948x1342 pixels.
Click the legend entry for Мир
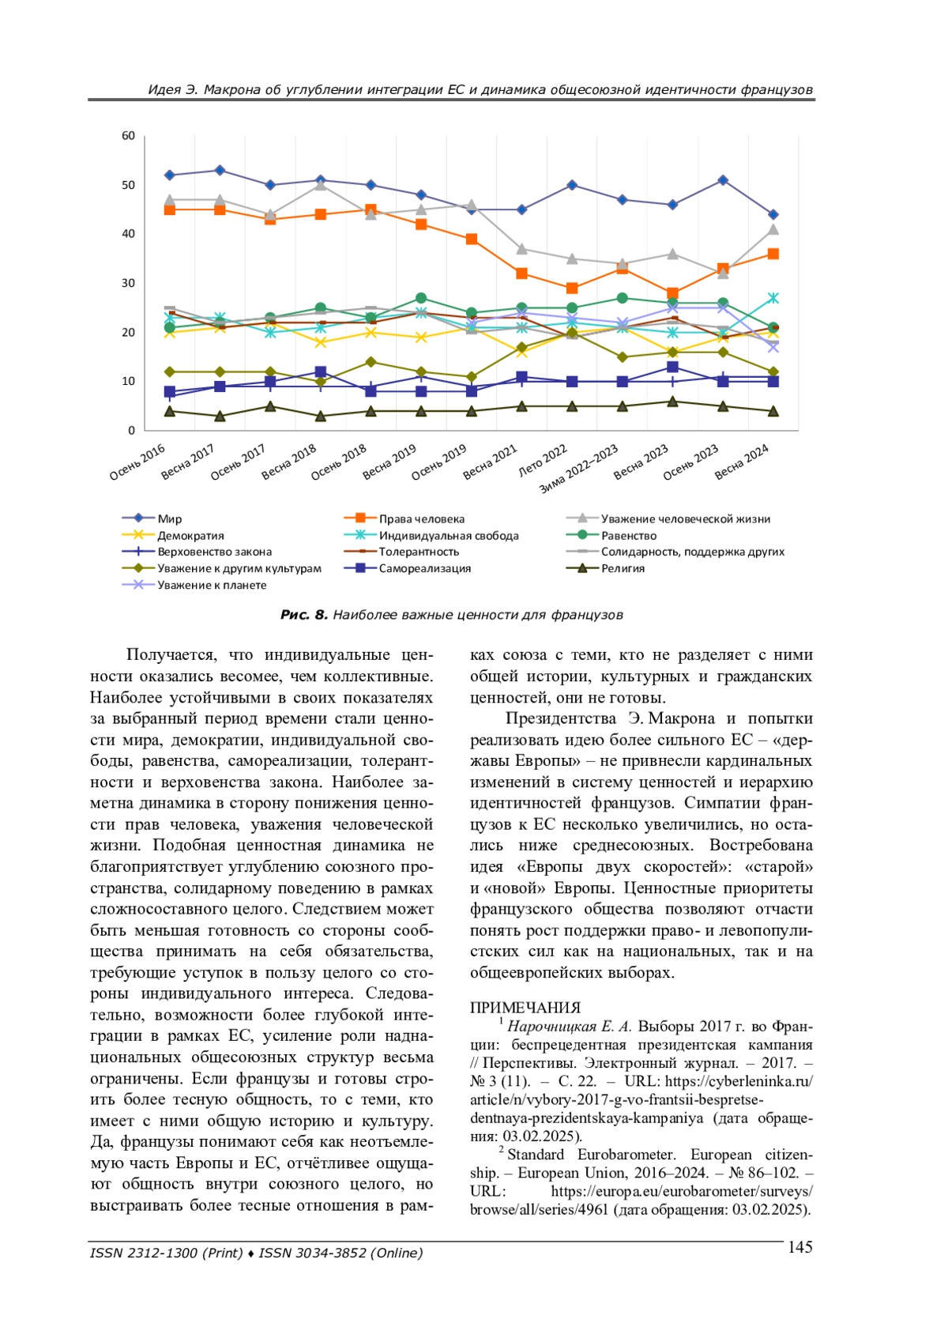click(x=169, y=519)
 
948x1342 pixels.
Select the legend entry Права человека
click(x=421, y=519)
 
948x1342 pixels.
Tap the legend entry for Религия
click(x=623, y=568)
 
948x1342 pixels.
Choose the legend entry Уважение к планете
click(x=212, y=585)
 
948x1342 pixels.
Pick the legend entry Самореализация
click(x=424, y=568)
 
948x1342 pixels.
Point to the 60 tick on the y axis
click(x=129, y=136)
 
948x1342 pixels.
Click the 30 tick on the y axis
click(x=129, y=283)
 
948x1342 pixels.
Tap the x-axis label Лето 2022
click(x=544, y=460)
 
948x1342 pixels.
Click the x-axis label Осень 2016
click(x=137, y=462)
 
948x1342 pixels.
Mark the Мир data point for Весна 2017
click(x=220, y=170)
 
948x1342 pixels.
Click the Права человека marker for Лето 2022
click(x=572, y=288)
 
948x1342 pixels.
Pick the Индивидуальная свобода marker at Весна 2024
click(x=773, y=298)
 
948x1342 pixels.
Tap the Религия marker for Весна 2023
click(x=672, y=401)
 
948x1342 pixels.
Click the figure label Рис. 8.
click(x=303, y=615)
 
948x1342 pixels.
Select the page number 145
click(x=799, y=1247)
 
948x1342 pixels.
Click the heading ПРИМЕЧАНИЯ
click(x=525, y=1008)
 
